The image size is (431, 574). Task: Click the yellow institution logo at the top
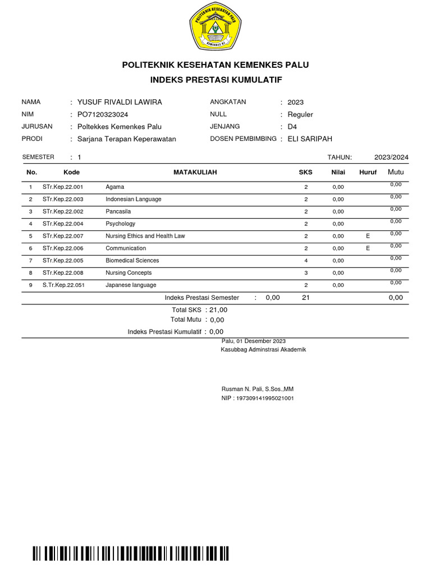point(215,26)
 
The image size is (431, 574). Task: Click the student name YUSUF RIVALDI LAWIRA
point(120,102)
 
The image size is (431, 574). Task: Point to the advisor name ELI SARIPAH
point(310,139)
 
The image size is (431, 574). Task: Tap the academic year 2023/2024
point(391,158)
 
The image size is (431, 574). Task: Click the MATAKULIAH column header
point(195,172)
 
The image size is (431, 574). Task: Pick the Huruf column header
point(368,172)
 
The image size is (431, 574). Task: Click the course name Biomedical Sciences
point(132,261)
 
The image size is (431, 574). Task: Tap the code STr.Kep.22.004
point(63,224)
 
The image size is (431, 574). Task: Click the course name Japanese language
point(131,285)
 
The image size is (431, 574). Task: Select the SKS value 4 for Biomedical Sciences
point(306,261)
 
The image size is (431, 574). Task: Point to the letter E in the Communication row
point(368,248)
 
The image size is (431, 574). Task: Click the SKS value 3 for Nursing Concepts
point(306,273)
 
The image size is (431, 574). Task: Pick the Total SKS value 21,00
point(218,310)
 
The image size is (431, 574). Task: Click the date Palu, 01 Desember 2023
point(254,341)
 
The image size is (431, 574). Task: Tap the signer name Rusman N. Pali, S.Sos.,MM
point(258,389)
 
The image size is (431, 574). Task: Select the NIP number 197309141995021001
point(258,398)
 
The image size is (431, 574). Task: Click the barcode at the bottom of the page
point(131,554)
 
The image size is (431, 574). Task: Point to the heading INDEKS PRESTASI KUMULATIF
point(215,80)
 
